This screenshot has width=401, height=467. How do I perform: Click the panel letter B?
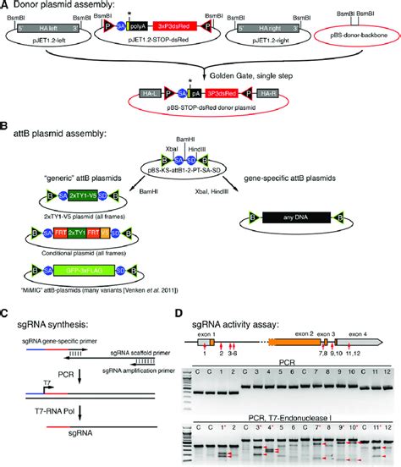click(x=6, y=128)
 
